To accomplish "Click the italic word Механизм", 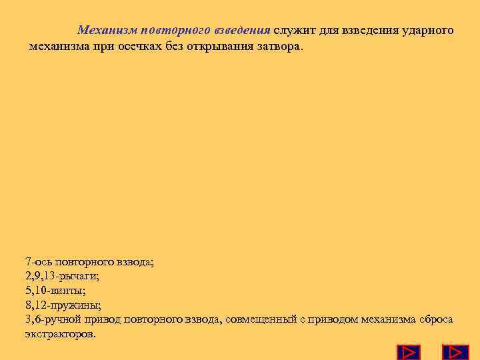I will [103, 31].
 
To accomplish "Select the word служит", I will [293, 31].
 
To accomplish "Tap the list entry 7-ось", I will [39, 262].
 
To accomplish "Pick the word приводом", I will [333, 319].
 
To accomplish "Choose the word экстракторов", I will [60, 333].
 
